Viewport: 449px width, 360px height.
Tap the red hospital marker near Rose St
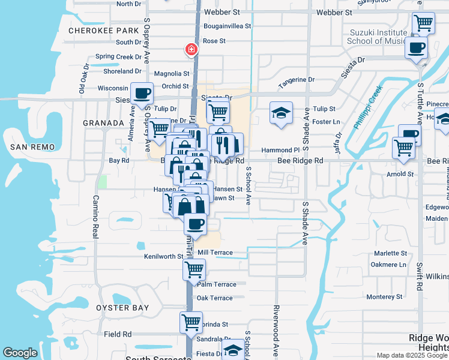tap(191, 50)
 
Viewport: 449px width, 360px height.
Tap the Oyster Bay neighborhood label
tap(122, 308)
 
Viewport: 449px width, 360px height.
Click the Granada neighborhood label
tap(103, 122)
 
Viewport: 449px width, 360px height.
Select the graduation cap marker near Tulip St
tap(280, 113)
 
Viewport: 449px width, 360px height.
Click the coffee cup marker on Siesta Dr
tap(142, 94)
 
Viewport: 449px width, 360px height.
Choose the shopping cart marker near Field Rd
tap(191, 322)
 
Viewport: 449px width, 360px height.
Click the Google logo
tap(20, 353)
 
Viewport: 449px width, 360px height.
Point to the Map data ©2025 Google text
tap(412, 355)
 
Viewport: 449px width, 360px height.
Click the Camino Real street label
tap(95, 216)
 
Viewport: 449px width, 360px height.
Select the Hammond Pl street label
tap(280, 150)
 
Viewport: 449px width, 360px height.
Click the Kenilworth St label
tap(163, 256)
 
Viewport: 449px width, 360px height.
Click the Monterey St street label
tap(388, 296)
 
